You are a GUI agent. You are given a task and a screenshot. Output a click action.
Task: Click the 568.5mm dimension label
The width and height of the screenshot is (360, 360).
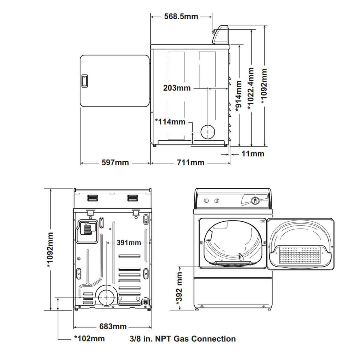[181, 16]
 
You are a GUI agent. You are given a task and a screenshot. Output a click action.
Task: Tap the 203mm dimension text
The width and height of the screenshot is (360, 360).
[177, 88]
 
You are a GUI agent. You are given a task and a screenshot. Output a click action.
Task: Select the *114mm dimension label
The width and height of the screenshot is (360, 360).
[170, 122]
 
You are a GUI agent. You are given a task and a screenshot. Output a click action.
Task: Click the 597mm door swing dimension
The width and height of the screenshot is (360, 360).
[115, 163]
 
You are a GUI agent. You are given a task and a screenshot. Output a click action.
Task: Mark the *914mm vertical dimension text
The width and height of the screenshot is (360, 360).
[239, 96]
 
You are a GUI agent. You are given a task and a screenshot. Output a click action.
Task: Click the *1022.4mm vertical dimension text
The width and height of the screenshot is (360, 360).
[251, 89]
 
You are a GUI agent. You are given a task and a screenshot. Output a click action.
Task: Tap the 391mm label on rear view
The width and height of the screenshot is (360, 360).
[129, 243]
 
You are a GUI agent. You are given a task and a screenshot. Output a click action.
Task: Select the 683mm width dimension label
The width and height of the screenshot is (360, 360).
[113, 326]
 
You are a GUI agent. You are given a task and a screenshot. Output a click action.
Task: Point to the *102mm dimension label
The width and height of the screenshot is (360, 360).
[89, 339]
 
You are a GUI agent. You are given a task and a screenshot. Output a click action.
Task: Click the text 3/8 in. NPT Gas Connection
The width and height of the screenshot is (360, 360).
[182, 339]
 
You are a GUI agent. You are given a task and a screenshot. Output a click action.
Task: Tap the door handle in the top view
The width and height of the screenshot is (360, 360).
[84, 81]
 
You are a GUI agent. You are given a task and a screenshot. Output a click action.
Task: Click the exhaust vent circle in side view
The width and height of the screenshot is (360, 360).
[208, 132]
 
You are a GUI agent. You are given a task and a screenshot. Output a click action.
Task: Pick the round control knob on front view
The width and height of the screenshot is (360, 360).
[255, 200]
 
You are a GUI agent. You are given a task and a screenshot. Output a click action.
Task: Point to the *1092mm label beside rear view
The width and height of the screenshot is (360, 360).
[50, 250]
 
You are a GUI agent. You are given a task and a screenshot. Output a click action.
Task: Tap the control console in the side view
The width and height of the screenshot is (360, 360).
[221, 35]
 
